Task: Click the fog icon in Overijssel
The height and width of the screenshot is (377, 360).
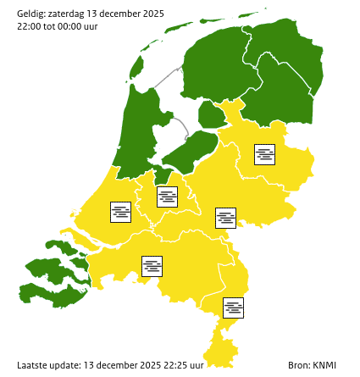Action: point(265,154)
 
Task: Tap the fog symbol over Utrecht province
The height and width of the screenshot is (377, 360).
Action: point(168,197)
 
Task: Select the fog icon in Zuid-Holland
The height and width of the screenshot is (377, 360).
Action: point(121,212)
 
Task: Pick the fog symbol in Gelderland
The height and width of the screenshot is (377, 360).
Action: point(225,218)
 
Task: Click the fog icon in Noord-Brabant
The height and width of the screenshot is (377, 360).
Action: point(152,266)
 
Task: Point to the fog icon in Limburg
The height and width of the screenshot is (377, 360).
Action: point(234,308)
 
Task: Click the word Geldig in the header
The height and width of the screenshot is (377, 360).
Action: point(32,14)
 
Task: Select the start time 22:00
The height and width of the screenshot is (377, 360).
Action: point(30,26)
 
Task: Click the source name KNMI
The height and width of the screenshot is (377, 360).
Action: point(324,365)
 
